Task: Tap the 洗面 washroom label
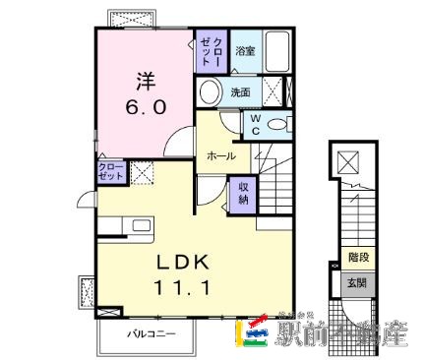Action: [241, 92]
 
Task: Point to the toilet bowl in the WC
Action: [279, 123]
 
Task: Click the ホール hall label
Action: [221, 155]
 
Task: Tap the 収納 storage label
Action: [242, 193]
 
